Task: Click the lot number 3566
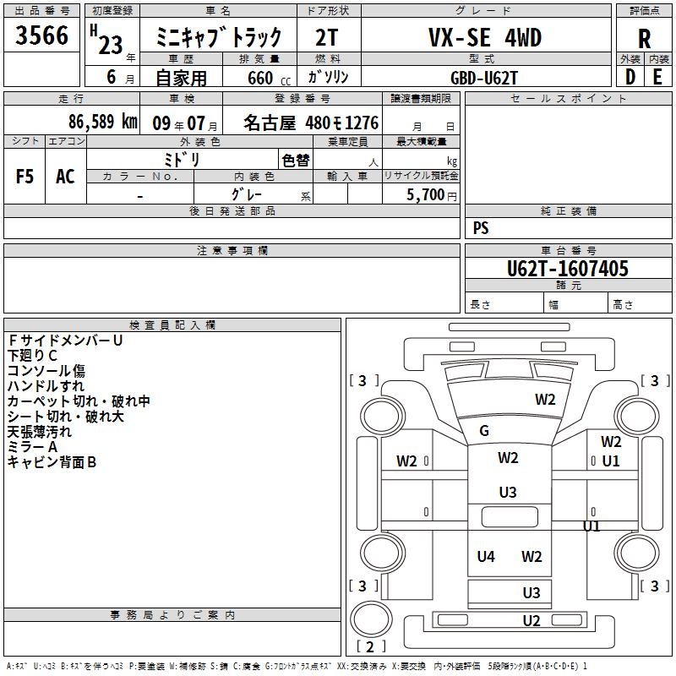click(x=42, y=37)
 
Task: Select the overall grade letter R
click(x=644, y=38)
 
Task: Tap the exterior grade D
click(x=630, y=76)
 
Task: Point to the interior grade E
click(x=657, y=76)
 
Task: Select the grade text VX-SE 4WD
click(x=484, y=38)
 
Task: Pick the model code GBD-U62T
click(x=484, y=77)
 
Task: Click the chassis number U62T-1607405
click(x=567, y=269)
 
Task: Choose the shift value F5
click(x=25, y=177)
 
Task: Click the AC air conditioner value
click(x=65, y=177)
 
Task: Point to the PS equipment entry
click(x=481, y=228)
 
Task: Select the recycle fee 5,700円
click(x=431, y=195)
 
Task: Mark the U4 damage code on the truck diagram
click(x=485, y=556)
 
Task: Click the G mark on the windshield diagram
click(x=484, y=431)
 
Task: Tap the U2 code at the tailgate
click(x=531, y=621)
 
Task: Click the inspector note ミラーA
click(x=32, y=447)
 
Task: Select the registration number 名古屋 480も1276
click(x=311, y=123)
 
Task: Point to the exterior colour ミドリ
click(x=181, y=160)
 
